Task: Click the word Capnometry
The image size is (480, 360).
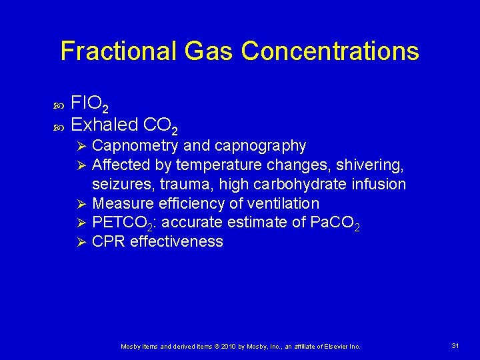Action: click(135, 145)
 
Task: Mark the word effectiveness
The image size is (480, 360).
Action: click(177, 241)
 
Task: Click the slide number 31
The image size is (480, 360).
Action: click(456, 345)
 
